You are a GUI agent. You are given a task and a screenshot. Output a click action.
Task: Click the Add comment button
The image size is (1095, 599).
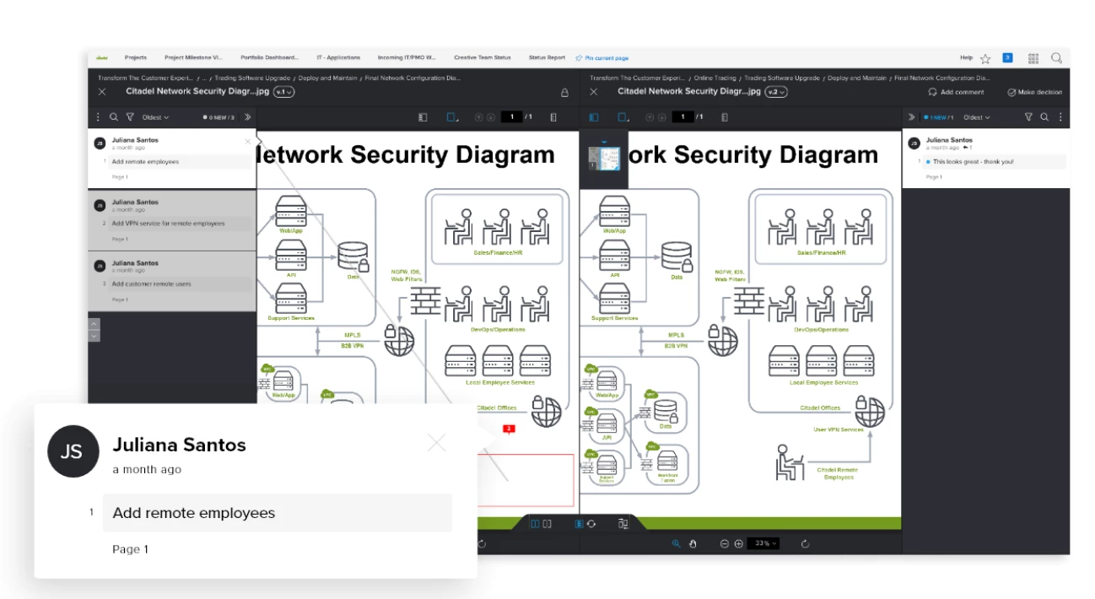[957, 92]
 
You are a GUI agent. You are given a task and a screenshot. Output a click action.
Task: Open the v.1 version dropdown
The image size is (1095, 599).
[284, 92]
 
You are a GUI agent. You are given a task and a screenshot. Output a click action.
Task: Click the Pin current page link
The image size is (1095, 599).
[602, 58]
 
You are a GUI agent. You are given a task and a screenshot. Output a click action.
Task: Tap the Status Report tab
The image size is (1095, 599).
[547, 58]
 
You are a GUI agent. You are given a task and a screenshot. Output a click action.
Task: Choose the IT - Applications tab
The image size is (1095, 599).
[338, 58]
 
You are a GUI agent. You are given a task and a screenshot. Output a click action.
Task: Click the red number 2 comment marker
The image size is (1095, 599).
[509, 429]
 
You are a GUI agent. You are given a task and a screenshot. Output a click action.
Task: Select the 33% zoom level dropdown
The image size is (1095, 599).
[765, 544]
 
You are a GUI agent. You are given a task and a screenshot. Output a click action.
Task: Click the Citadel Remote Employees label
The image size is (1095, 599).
[837, 473]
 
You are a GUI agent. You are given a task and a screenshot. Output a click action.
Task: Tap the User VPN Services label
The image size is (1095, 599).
[838, 429]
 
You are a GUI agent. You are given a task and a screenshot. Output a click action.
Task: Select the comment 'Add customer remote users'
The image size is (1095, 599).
[152, 284]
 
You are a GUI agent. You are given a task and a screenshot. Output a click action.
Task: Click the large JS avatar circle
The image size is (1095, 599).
[73, 451]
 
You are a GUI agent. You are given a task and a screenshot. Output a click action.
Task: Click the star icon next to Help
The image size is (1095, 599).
[984, 58]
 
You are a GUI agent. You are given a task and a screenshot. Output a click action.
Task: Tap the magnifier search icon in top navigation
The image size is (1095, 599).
[1056, 58]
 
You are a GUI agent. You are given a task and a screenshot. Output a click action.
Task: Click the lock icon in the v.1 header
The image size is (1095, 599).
[564, 92]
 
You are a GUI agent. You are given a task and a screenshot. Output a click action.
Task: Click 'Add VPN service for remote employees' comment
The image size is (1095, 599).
[168, 224]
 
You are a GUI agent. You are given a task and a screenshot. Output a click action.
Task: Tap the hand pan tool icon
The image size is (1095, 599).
[693, 544]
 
